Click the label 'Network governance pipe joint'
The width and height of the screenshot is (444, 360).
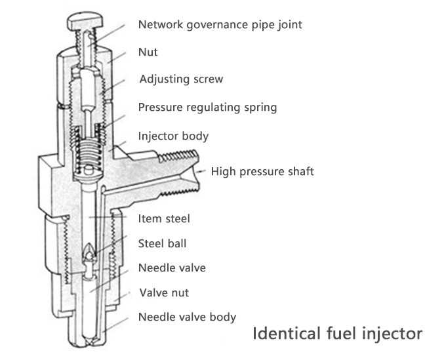(220, 26)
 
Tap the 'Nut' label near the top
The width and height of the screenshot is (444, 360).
(148, 52)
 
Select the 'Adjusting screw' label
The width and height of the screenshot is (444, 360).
(182, 79)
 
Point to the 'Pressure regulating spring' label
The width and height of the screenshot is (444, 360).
(207, 107)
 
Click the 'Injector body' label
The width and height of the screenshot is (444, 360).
(173, 136)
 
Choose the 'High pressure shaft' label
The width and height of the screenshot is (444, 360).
(262, 172)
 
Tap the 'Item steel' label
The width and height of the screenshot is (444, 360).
(164, 218)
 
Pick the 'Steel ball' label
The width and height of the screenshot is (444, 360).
(162, 243)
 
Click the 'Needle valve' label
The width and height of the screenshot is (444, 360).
(172, 268)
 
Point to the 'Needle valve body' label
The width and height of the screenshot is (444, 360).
(187, 317)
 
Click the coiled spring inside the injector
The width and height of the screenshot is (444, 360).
(89, 154)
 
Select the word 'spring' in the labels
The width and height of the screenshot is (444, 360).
(260, 107)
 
